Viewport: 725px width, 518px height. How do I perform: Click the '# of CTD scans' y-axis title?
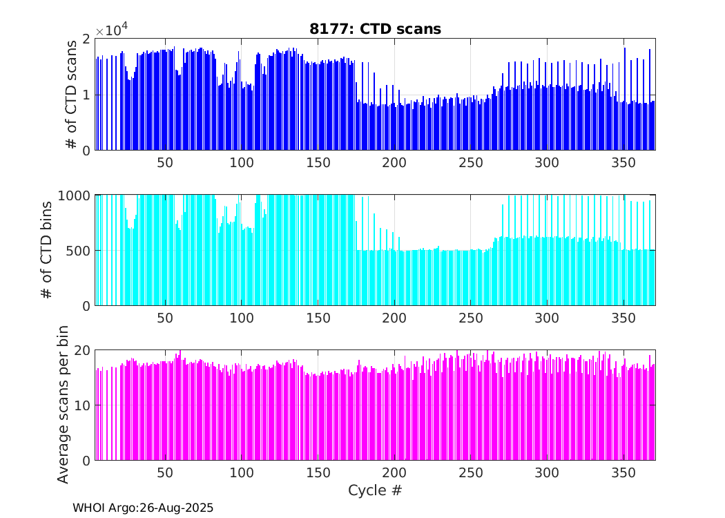click(70, 95)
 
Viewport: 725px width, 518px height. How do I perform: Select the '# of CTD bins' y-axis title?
click(47, 250)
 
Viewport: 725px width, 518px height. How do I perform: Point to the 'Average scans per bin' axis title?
click(63, 405)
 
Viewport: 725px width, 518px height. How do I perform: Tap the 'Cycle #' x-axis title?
click(375, 490)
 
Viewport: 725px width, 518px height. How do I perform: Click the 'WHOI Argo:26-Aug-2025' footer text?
click(143, 508)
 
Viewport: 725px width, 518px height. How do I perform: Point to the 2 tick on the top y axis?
click(86, 39)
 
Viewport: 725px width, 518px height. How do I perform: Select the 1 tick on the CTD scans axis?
click(86, 95)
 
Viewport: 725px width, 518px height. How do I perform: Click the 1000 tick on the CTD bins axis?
click(76, 195)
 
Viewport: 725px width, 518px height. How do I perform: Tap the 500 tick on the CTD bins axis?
click(79, 250)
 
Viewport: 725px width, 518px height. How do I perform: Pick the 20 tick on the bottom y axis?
click(82, 350)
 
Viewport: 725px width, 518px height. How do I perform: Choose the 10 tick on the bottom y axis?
click(82, 405)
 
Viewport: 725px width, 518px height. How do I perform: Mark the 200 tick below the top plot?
click(394, 162)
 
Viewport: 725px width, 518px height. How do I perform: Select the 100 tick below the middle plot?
click(241, 318)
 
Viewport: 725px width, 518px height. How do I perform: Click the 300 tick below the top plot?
click(547, 162)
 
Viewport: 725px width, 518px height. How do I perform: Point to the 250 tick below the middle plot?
click(470, 318)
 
